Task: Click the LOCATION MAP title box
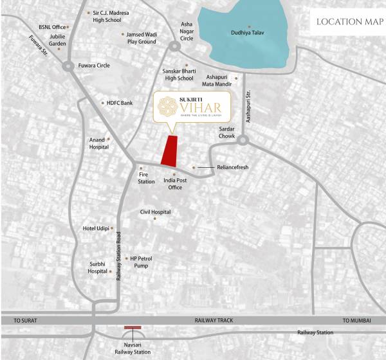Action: coord(348,22)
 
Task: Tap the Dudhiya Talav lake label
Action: coord(248,33)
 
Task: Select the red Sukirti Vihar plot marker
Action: coord(169,150)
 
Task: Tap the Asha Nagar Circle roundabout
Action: coord(174,46)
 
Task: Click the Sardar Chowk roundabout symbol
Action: coord(243,139)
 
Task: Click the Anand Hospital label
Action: coord(98,143)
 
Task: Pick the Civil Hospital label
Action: coord(155,212)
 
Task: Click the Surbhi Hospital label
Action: coord(98,267)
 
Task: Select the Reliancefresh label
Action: coord(232,167)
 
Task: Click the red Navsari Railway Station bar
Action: coord(133,328)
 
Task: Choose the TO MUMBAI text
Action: coord(357,320)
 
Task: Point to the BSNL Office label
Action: coord(52,27)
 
